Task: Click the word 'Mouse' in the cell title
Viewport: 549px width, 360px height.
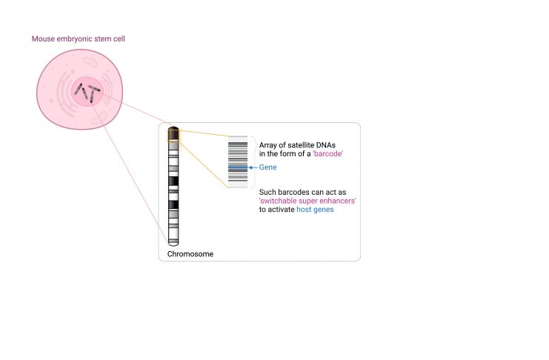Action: tap(44, 39)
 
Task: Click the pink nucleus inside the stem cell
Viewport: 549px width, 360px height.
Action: tap(87, 91)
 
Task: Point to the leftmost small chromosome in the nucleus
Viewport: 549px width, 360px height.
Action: tap(78, 89)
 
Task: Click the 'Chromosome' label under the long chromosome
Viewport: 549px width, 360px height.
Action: tap(190, 254)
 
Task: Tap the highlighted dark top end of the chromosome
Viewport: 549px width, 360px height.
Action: tap(173, 134)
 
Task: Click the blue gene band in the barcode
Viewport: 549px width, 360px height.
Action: tap(238, 167)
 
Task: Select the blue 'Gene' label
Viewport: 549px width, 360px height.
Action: tap(268, 167)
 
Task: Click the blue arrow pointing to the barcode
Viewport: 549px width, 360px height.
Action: tap(253, 167)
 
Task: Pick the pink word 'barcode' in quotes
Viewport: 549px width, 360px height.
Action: tap(327, 154)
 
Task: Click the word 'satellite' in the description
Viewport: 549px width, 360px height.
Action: tap(301, 145)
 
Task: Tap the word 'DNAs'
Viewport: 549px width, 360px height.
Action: tap(325, 145)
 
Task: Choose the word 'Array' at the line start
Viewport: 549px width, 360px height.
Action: tap(268, 145)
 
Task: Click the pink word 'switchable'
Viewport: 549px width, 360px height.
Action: tap(276, 201)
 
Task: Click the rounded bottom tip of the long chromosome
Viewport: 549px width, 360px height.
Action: tap(173, 245)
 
